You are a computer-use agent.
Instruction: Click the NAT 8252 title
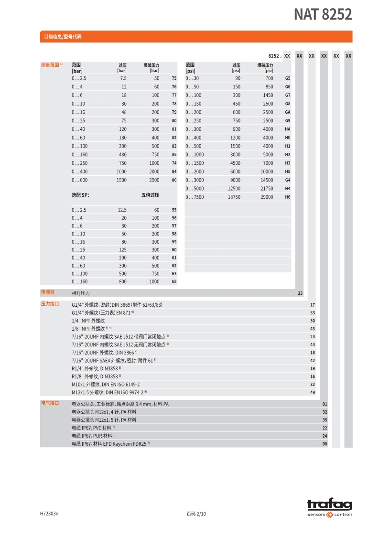point(323,15)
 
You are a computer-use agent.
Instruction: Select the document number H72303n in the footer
point(49,514)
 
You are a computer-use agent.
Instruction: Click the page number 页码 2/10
point(196,514)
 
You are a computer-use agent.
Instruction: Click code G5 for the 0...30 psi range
point(287,78)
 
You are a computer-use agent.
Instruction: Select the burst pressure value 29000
point(267,197)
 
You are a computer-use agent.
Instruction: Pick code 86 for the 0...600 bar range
point(174,180)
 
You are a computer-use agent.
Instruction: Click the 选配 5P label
point(80,195)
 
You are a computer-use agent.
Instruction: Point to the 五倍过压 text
point(150,195)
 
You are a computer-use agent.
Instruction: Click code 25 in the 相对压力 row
point(300,293)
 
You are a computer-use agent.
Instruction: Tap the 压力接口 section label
point(50,304)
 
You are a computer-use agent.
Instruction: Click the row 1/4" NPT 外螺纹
point(88,321)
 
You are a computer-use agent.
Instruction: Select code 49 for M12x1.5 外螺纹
point(312,392)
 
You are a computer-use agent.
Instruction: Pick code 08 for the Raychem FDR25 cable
point(325,444)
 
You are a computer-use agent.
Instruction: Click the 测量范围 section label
point(50,64)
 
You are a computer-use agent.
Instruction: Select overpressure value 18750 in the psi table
point(234,197)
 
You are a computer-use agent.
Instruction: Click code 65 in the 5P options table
point(174,282)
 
